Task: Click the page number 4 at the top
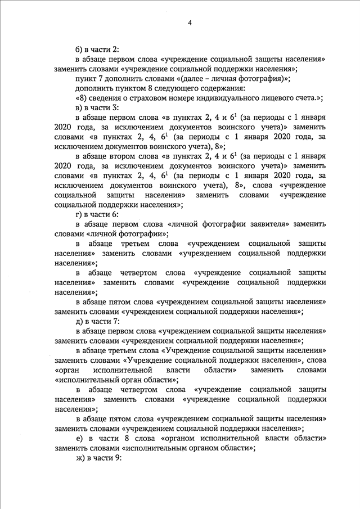click(x=190, y=22)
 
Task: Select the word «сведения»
click(x=107, y=98)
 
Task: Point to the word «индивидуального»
click(x=231, y=98)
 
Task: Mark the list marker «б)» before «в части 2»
click(x=79, y=49)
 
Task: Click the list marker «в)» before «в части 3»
click(x=79, y=108)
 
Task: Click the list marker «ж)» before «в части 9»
click(x=80, y=458)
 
